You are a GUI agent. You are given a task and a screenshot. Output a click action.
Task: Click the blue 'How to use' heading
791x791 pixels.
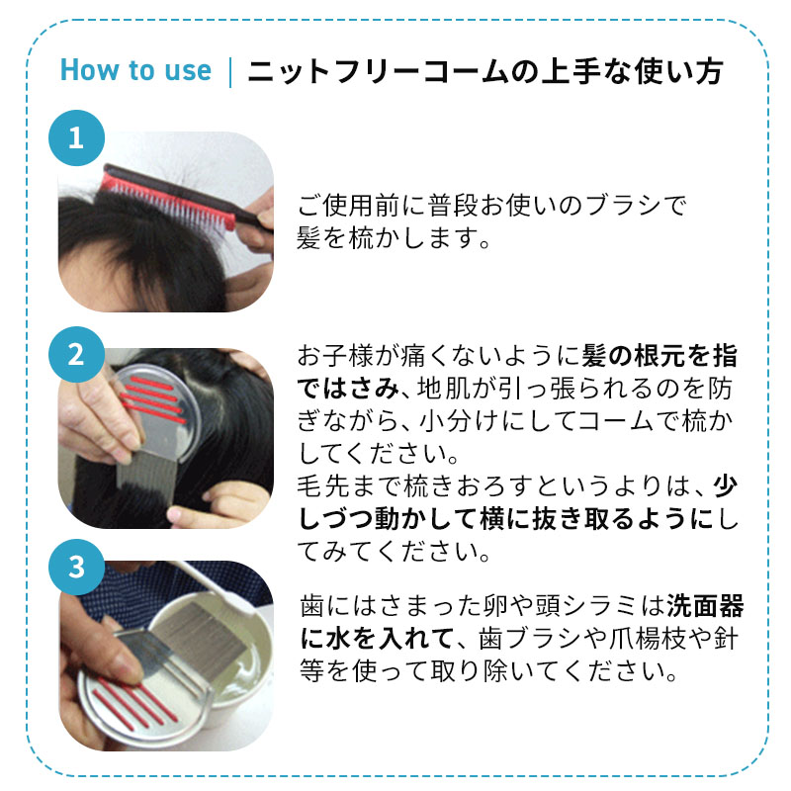[135, 69]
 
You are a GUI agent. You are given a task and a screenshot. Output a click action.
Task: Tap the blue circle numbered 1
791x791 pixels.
[77, 137]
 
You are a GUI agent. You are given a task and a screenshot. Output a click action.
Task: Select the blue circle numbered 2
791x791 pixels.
[77, 354]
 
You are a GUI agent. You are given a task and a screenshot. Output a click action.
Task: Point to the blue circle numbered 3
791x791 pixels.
[77, 567]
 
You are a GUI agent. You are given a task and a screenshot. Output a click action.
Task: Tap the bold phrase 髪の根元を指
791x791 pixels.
[659, 356]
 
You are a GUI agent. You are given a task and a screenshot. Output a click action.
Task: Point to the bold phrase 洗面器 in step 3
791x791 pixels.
[705, 606]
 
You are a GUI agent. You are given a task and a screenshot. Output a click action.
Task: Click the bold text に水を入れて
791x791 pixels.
[377, 638]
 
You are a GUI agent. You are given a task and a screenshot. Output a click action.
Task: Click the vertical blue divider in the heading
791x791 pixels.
[230, 72]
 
